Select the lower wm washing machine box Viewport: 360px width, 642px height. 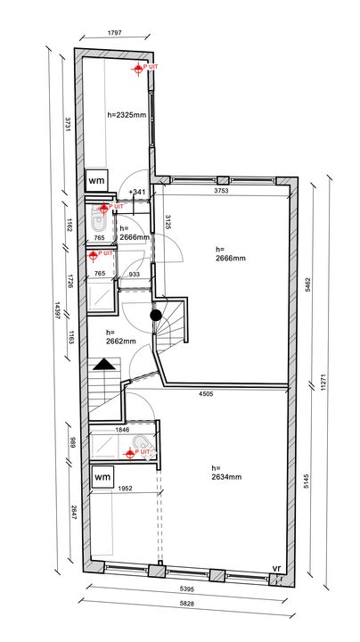[102, 478]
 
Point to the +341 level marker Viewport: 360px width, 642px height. [137, 193]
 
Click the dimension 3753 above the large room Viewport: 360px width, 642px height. [222, 191]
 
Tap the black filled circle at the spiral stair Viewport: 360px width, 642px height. [155, 314]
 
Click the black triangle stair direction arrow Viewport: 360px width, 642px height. [104, 364]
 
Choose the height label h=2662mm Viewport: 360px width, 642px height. [121, 335]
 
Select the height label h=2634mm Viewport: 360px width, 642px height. [227, 473]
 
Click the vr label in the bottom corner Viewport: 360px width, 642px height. [277, 568]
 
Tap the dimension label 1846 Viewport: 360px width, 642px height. [122, 431]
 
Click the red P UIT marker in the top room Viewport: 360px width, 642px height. [138, 69]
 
